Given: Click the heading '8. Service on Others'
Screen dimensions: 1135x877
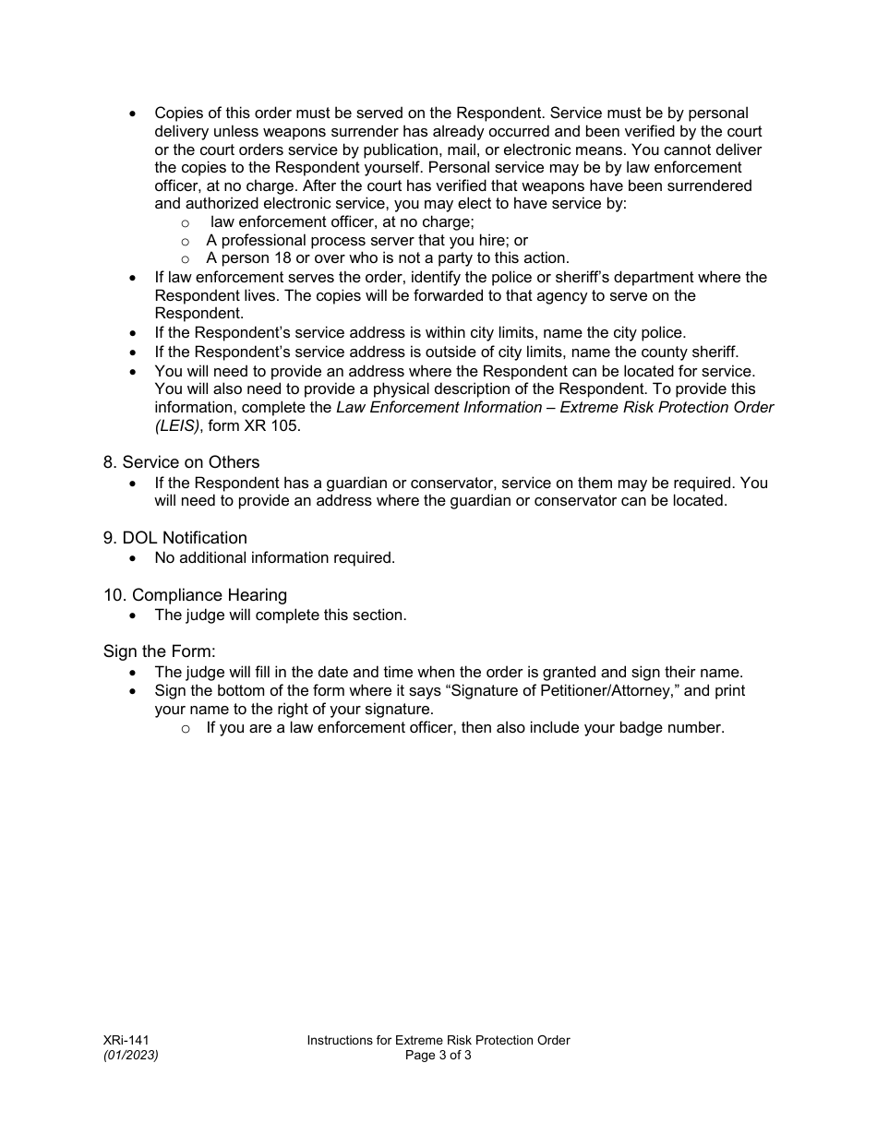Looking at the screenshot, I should [181, 462].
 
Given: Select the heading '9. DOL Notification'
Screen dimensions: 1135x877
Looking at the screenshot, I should [175, 538].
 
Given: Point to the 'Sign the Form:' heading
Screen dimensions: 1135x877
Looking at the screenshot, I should [159, 652].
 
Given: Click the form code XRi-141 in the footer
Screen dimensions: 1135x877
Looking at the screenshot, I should [126, 1040].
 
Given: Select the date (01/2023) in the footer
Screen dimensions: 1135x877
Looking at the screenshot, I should [130, 1056].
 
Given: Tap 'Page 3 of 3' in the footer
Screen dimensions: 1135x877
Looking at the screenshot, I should [438, 1056].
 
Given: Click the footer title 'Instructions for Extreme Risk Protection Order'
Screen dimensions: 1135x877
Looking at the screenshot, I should [438, 1040].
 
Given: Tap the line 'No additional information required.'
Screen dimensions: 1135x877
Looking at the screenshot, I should [274, 557].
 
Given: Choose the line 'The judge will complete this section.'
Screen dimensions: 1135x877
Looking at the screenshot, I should [280, 615].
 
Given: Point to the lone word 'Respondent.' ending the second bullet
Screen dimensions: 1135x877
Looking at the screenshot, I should [193, 314].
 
